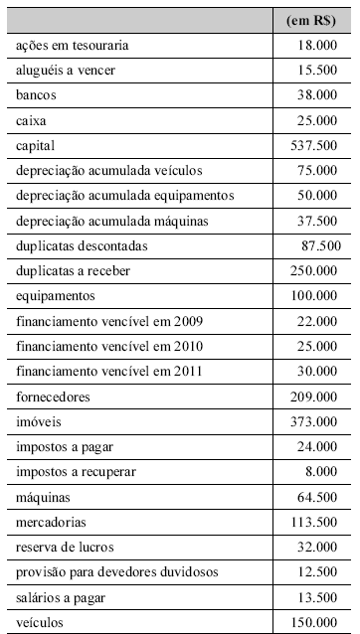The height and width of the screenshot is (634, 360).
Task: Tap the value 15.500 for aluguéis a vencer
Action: click(x=317, y=71)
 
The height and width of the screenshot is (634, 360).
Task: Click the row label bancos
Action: click(x=37, y=95)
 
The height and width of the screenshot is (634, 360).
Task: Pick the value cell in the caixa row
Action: click(x=317, y=120)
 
